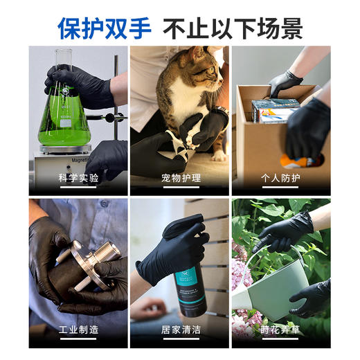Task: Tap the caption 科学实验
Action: click(78, 178)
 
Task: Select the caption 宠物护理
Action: click(179, 178)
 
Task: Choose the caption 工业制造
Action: click(78, 330)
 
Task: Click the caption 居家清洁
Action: click(179, 330)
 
